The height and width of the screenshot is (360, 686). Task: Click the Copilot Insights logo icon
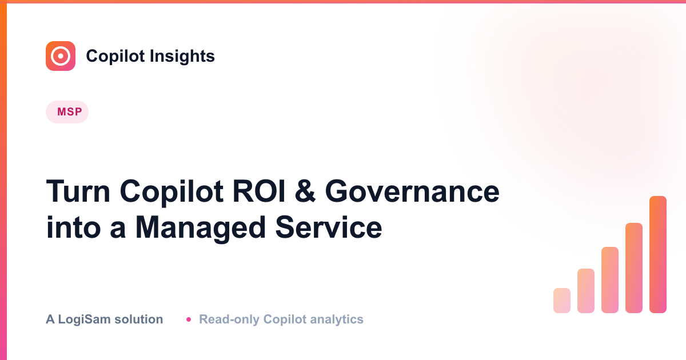tap(61, 56)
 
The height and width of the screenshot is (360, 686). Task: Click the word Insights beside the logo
tap(182, 56)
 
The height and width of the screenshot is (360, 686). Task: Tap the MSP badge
tap(67, 112)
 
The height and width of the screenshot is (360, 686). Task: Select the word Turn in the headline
tap(78, 191)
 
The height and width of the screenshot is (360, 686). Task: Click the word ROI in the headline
tap(259, 191)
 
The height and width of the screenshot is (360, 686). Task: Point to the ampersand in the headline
tap(305, 191)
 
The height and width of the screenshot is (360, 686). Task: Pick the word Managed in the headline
tap(200, 228)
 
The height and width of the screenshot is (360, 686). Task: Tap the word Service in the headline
tap(329, 227)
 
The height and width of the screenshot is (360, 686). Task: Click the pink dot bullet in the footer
tap(189, 319)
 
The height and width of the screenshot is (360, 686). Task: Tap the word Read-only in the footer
tap(229, 319)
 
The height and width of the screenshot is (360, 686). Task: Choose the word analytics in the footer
tap(337, 319)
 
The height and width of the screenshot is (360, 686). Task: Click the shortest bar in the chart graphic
tap(562, 301)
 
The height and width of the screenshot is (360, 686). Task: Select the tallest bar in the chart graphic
tap(658, 254)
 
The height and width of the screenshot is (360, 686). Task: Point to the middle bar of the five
tap(610, 280)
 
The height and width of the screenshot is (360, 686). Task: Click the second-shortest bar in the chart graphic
tap(586, 290)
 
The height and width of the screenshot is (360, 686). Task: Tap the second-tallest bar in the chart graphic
tap(634, 268)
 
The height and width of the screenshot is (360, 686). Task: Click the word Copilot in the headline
tap(171, 192)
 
